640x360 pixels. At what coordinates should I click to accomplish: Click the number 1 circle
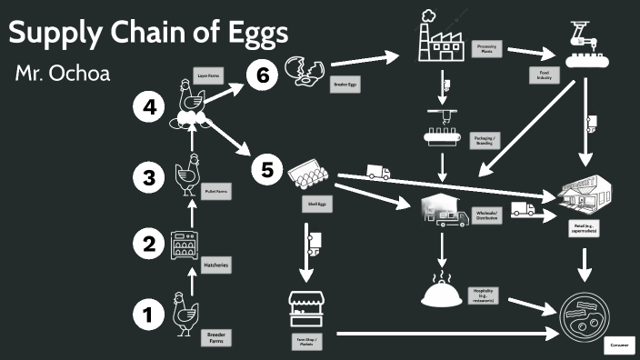146,315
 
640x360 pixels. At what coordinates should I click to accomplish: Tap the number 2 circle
146,243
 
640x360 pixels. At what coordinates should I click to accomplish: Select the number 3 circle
146,177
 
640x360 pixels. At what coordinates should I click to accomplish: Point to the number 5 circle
266,169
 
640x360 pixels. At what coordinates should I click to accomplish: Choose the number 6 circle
262,75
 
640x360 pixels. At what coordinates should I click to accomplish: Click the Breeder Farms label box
216,338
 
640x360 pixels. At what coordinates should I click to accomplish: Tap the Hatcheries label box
216,264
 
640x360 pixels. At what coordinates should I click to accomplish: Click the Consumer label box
617,346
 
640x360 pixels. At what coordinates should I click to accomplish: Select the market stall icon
307,309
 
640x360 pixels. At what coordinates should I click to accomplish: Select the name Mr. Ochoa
62,74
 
